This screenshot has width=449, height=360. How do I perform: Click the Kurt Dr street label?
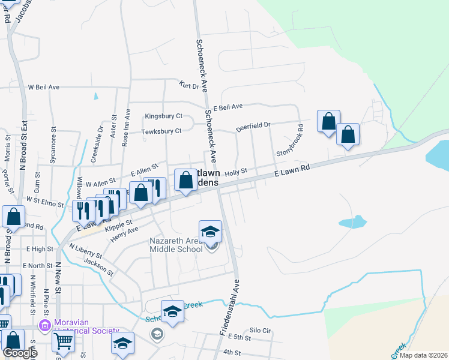188,86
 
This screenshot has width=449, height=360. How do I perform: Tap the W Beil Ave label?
43,87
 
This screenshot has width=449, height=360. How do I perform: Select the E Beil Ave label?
228,106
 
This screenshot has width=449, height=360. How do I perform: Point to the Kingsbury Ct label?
163,116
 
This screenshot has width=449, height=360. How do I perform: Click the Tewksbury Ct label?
161,131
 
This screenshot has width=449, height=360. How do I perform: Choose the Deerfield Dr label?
253,127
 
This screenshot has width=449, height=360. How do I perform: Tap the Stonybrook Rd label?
290,142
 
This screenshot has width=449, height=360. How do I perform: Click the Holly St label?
236,172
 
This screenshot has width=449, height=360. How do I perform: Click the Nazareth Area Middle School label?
175,245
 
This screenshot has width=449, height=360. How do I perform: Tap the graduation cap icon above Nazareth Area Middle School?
211,231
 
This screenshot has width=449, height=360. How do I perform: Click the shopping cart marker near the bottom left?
63,341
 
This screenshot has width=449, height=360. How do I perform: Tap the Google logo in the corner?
19,352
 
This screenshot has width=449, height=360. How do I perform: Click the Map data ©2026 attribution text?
422,355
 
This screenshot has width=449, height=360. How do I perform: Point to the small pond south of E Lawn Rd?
352,222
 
